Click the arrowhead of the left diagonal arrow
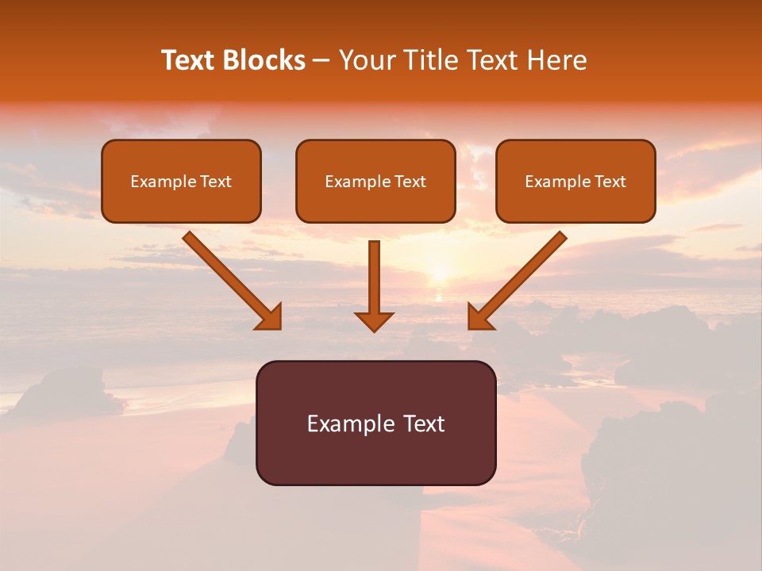pyautogui.click(x=270, y=316)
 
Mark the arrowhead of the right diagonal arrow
pyautogui.click(x=479, y=316)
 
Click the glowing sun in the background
pyautogui.click(x=439, y=274)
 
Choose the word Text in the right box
pyautogui.click(x=610, y=182)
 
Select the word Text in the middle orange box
pyautogui.click(x=410, y=182)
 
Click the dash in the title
pyautogui.click(x=321, y=61)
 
